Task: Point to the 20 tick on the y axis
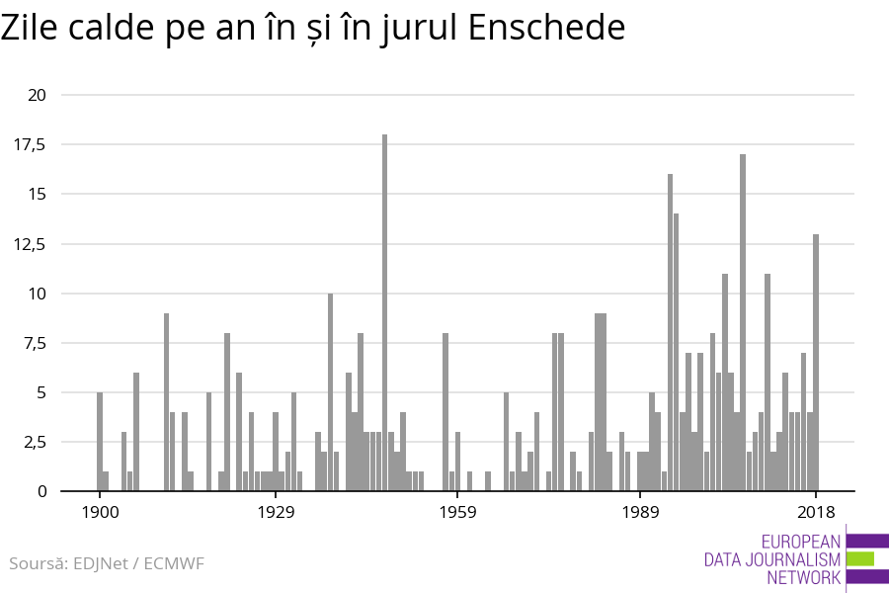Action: pyautogui.click(x=38, y=95)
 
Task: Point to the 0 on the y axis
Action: pyautogui.click(x=41, y=491)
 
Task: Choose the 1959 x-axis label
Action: pyautogui.click(x=457, y=512)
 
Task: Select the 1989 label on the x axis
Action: pyautogui.click(x=640, y=512)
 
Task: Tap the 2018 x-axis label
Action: pyautogui.click(x=816, y=512)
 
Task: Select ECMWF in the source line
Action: pyautogui.click(x=174, y=564)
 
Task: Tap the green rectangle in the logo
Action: pyautogui.click(x=860, y=558)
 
